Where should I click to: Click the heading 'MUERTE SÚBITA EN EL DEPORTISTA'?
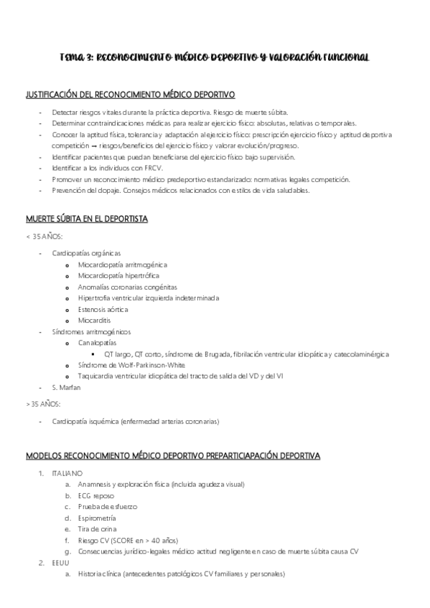coord(86,219)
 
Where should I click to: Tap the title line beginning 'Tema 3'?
coord(214,56)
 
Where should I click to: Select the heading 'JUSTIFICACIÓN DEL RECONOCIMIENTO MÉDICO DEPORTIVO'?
coord(131,95)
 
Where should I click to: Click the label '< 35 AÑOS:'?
coord(44,237)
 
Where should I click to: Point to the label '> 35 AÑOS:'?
coord(44,404)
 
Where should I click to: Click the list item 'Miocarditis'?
coord(95,320)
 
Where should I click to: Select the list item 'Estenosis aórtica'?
coord(103,309)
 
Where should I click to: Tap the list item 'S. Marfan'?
coord(67,387)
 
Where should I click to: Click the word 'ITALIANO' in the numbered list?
coord(67,473)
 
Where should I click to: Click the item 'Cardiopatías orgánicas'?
coord(86,253)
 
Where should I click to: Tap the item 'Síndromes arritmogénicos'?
coord(91,332)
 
